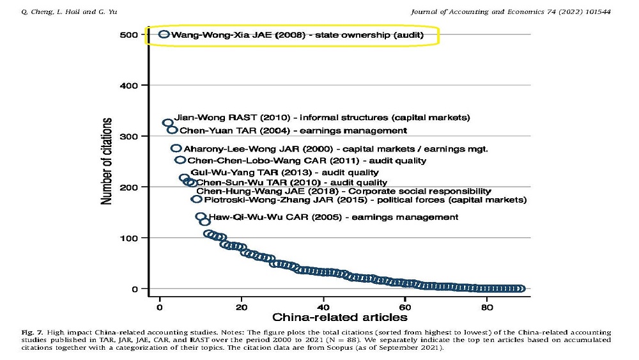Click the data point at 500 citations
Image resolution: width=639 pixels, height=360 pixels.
(x=164, y=35)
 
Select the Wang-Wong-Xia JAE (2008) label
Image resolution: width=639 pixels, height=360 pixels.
(x=296, y=35)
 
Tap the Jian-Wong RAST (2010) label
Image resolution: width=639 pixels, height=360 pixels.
(x=323, y=118)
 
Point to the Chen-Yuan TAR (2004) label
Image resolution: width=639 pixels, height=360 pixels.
(x=293, y=130)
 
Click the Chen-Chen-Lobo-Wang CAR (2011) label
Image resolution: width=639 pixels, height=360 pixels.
(x=306, y=160)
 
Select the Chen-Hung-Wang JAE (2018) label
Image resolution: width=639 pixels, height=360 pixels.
(x=343, y=191)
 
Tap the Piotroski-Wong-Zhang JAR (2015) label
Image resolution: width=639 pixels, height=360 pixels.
(x=365, y=200)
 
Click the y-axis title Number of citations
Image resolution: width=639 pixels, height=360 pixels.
(x=107, y=161)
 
